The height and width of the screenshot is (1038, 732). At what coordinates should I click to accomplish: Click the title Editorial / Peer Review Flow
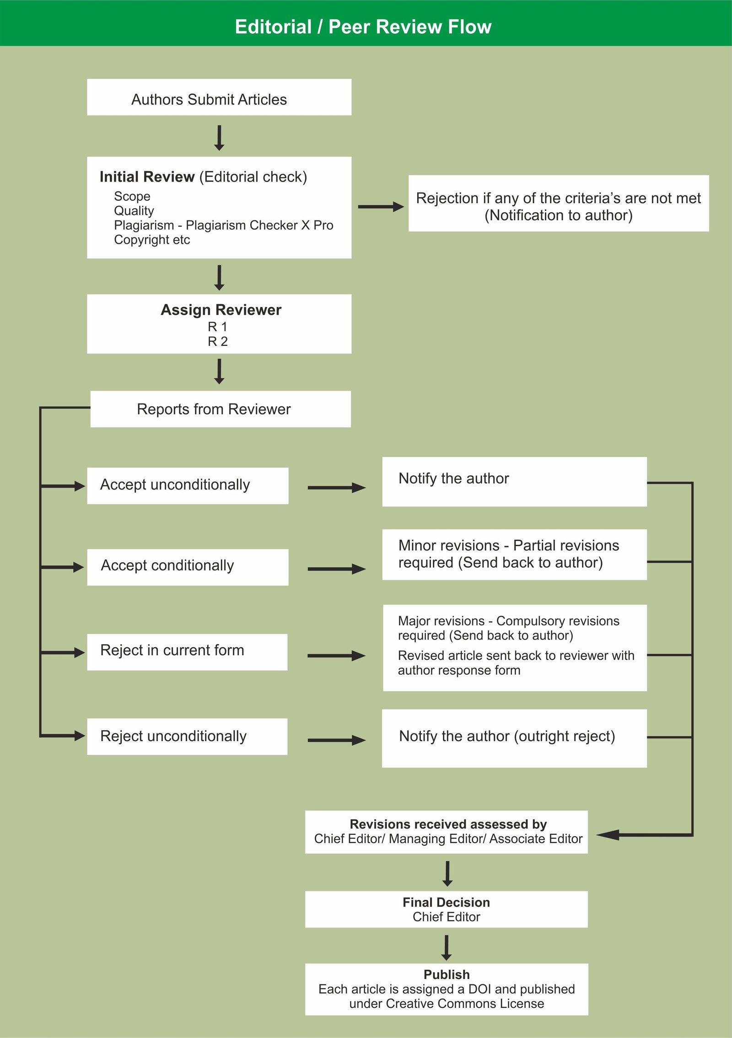point(363,27)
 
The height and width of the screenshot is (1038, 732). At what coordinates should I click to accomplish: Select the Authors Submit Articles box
point(219,97)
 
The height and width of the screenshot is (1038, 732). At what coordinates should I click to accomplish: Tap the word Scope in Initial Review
point(132,196)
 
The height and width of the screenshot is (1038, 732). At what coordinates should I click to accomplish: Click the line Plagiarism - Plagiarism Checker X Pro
point(223,225)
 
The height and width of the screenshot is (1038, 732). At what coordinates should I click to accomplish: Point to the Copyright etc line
point(152,240)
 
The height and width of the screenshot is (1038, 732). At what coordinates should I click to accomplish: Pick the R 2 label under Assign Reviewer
point(218,341)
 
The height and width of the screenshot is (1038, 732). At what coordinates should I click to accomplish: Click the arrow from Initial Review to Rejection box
point(380,207)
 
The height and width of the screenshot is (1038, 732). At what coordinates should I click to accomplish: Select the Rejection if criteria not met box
point(558,204)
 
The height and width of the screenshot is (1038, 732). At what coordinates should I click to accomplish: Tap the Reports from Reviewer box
point(221,409)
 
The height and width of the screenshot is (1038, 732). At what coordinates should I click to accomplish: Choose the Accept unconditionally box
point(188,485)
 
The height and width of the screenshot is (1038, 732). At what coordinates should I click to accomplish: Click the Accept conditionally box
point(188,567)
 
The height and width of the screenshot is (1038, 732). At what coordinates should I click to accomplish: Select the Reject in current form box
point(187,651)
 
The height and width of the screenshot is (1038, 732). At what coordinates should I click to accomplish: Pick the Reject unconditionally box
point(187,736)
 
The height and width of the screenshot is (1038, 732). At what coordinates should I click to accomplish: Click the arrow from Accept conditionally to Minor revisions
point(336,569)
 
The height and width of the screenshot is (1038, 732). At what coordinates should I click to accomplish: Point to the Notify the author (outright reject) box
point(514,738)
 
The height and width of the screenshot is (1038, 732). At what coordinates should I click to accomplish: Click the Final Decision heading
point(446,902)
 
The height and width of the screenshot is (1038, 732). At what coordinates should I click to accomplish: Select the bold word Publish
point(447,974)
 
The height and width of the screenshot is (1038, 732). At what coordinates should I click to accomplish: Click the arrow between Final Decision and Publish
point(447,947)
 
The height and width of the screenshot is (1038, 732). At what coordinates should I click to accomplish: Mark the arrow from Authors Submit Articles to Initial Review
point(219,137)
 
